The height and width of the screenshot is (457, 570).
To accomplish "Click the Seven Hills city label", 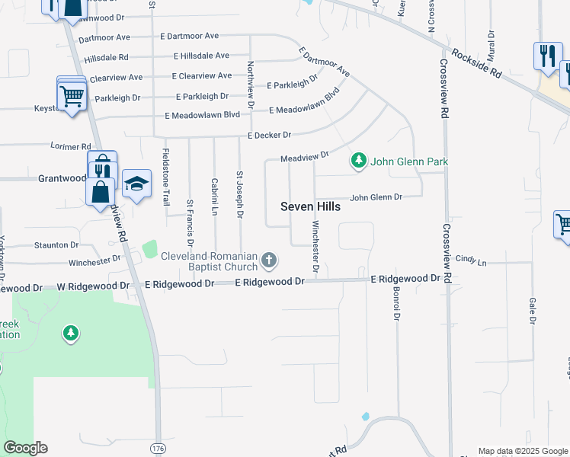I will [310, 206].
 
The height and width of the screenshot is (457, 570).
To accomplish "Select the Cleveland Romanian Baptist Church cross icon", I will [268, 261].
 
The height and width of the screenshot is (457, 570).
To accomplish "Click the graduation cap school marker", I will [136, 184].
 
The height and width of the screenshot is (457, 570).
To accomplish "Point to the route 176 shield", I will [158, 446].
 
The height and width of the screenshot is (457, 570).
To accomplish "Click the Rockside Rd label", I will [476, 64].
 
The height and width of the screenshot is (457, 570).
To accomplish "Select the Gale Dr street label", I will [532, 310].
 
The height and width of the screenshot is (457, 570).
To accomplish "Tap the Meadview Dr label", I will [304, 156].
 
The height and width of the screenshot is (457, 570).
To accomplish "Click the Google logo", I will [25, 448].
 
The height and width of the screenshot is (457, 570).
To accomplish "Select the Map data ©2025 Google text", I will [523, 451].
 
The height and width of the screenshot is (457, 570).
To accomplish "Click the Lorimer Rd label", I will [71, 146].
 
